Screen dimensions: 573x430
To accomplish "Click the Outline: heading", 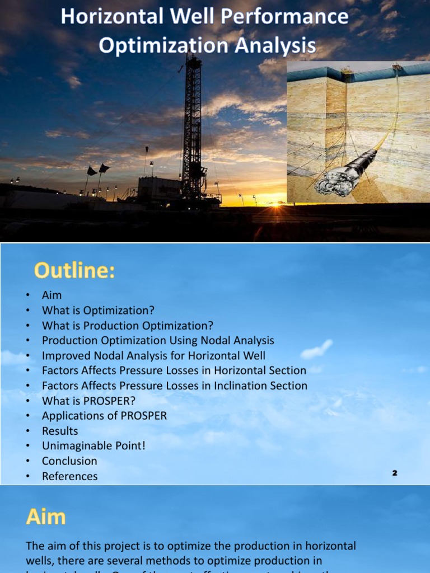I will tap(74, 271).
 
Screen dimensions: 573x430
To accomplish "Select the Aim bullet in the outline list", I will tap(52, 295).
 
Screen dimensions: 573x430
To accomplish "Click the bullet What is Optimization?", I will tap(98, 310).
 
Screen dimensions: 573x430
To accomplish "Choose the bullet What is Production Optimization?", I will tap(128, 325).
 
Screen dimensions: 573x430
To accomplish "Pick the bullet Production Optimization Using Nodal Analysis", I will tap(158, 340).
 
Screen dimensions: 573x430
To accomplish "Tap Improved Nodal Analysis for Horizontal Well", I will tap(153, 355).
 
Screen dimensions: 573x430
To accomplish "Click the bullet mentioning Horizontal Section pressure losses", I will tap(174, 370).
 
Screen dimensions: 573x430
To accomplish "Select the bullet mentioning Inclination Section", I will tap(175, 386).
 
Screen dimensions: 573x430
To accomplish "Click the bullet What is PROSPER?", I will tap(88, 401).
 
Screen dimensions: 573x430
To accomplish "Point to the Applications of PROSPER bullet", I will tap(104, 416).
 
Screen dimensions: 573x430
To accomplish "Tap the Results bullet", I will tap(60, 431).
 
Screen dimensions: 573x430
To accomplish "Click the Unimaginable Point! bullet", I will tap(94, 446).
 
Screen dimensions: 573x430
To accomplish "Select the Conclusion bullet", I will tap(69, 461).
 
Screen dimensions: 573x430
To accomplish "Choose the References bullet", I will tap(69, 476).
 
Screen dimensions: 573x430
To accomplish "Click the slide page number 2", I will tap(394, 473).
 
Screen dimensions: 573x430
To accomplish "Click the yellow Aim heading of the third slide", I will tap(46, 516).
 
